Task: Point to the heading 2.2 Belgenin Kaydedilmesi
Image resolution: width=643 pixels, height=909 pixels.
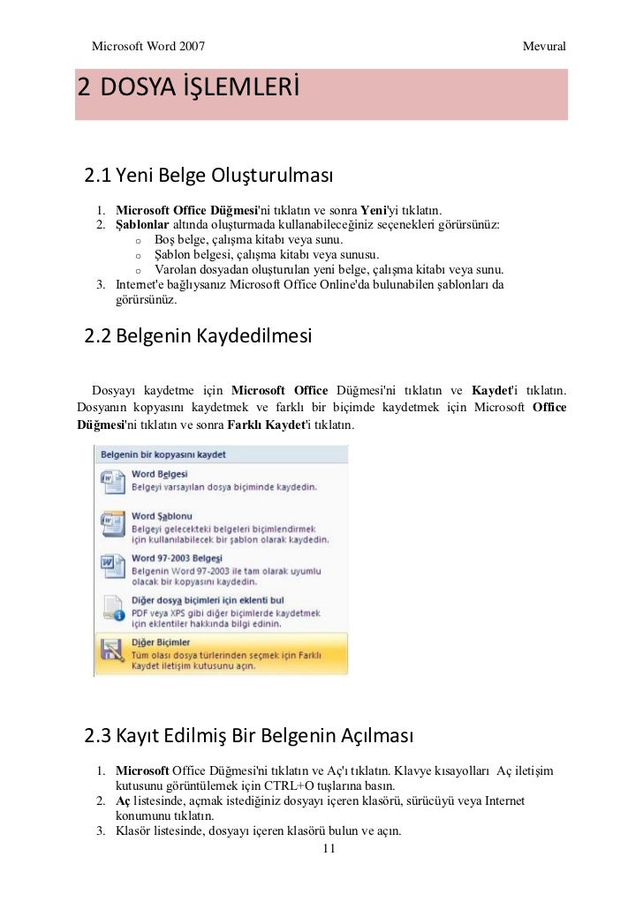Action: pyautogui.click(x=198, y=336)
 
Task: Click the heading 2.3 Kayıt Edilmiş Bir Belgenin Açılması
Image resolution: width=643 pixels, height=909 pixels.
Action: pyautogui.click(x=247, y=734)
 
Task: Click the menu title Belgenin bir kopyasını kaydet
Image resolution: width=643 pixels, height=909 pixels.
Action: pyautogui.click(x=163, y=454)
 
